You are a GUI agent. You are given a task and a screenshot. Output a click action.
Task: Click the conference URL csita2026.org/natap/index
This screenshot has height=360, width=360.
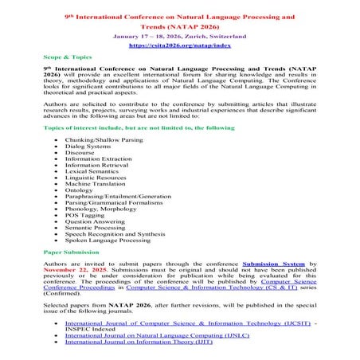pos(179,46)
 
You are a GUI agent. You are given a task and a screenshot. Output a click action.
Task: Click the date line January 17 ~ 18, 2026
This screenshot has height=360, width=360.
pos(179,37)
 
